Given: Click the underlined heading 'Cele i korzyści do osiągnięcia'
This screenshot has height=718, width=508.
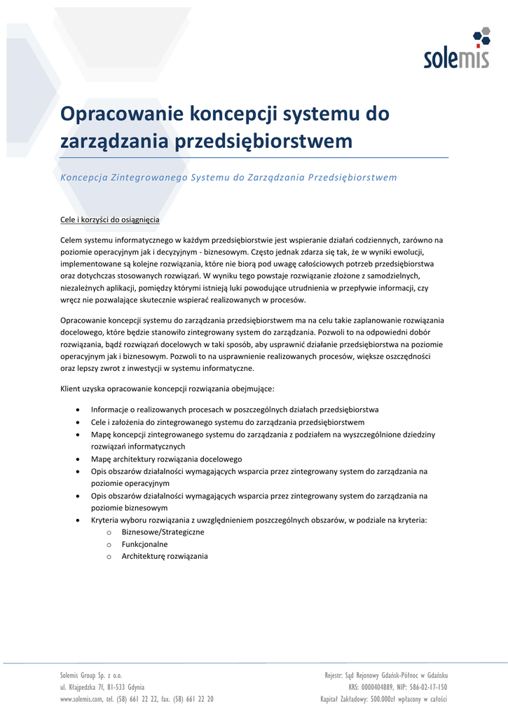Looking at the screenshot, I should click(110, 219).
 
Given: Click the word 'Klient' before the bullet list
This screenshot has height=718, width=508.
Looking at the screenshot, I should click(71, 388).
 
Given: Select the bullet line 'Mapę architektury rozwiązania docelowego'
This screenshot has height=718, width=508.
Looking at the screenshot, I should click(166, 459).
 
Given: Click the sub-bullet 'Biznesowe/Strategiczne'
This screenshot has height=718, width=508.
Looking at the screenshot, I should click(163, 532).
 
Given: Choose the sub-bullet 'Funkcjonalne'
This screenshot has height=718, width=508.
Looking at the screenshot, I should click(145, 544).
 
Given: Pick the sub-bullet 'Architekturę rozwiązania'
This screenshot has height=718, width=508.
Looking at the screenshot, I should click(165, 556).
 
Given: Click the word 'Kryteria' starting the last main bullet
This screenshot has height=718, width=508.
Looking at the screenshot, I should click(105, 520).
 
